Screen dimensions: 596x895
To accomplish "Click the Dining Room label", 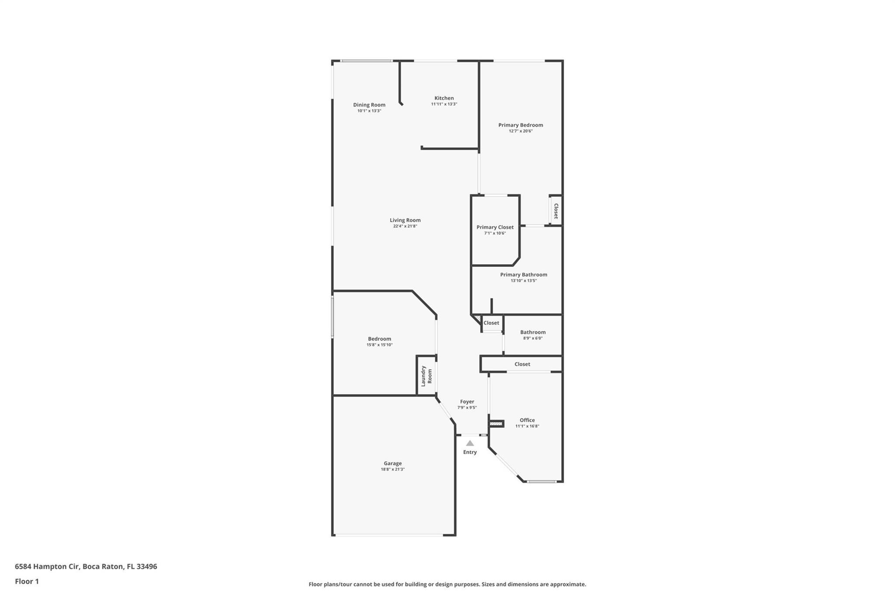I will pos(369,105).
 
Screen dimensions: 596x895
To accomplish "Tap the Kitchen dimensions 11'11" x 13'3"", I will pos(444,104).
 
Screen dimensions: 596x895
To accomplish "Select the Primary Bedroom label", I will pos(520,125).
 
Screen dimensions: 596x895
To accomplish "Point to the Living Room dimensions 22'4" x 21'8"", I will pos(405,226).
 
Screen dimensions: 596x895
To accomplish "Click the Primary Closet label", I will pos(495,227).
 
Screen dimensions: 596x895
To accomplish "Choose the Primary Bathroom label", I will pos(524,275).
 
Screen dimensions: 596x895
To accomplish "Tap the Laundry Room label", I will pos(426,376).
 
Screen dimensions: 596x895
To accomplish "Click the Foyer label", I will pos(467,402).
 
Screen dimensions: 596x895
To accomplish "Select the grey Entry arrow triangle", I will pos(470,443).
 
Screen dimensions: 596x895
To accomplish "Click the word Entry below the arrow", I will pos(470,452).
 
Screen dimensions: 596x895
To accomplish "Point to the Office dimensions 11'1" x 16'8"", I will pos(527,426).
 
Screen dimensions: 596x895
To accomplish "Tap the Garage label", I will pos(392,463).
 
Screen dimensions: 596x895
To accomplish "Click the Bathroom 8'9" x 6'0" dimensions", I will pos(533,338).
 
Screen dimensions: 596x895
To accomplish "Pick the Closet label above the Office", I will pos(522,364).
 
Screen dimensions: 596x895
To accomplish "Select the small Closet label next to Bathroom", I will pos(491,323).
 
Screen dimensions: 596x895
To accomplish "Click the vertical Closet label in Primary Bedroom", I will pos(556,211).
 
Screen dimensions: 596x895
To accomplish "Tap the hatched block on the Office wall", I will pos(496,424).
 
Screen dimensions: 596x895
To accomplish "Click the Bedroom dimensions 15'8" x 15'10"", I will pos(379,345).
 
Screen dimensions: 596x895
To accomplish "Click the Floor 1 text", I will pos(27,582).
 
